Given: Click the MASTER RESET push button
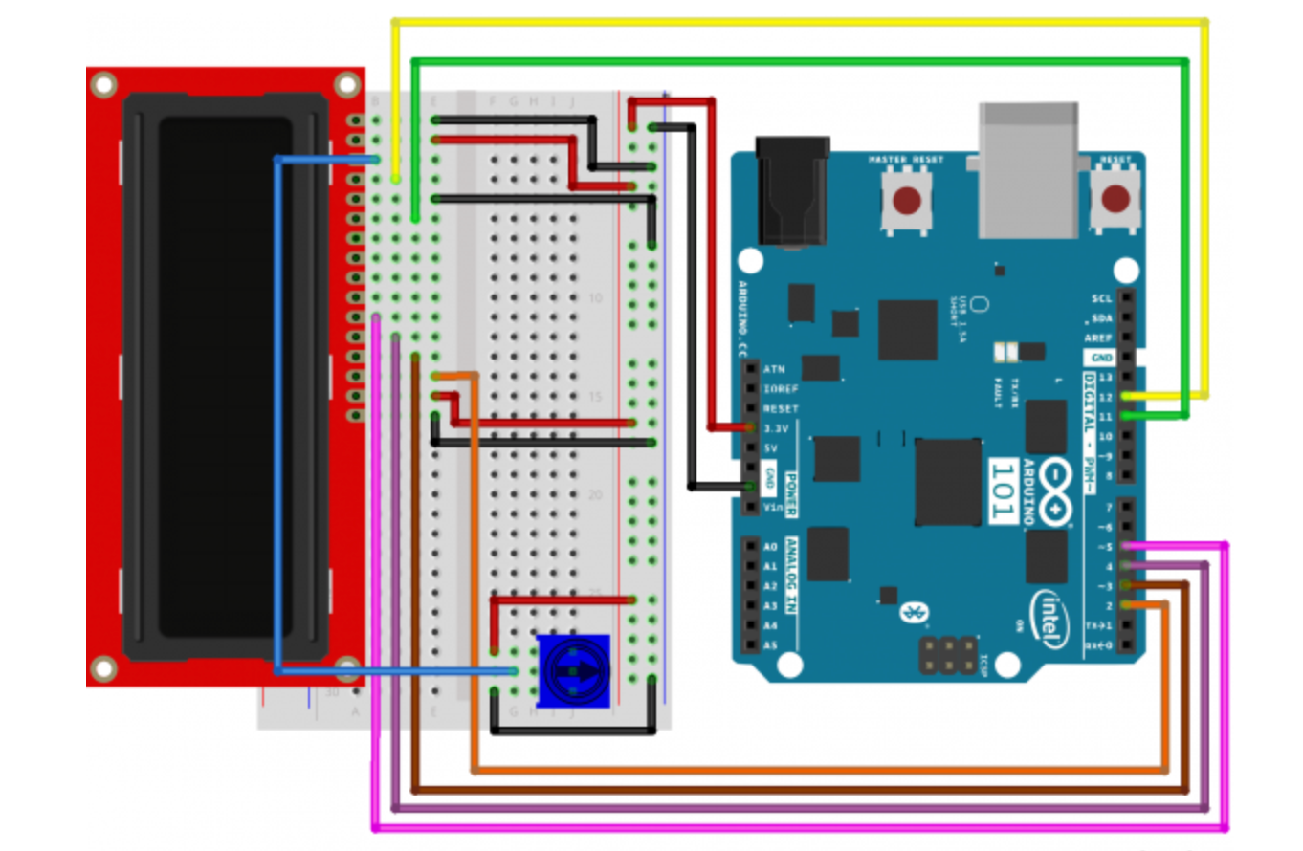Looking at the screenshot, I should pos(906,201).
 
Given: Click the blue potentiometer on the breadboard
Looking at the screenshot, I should pos(572,671).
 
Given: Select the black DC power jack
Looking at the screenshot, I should pos(790,191).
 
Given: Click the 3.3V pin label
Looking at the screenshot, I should pos(777,428).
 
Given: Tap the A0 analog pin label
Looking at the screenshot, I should pos(771,547).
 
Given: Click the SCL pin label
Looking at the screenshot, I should pos(1101,298).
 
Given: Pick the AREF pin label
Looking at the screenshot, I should pos(1098,338).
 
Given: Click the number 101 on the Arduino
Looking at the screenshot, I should pos(1002,491).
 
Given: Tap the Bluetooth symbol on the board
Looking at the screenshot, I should pos(909,613).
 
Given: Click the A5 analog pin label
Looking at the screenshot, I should pos(771,645).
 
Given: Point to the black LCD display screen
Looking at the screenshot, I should pos(226,378).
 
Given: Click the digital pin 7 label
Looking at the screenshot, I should pos(1108,507).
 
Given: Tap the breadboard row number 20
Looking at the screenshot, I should pos(595,495).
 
